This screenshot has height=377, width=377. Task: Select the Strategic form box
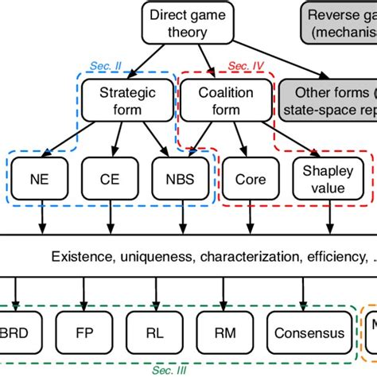coord(127,103)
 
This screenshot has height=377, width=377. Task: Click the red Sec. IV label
coord(239,67)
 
